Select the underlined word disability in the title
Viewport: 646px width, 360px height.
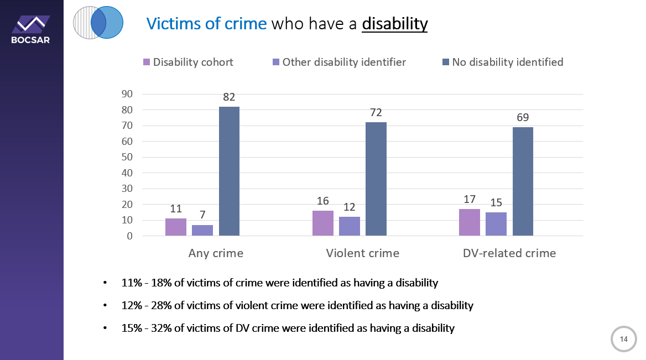394,24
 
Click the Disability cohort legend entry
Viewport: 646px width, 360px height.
188,62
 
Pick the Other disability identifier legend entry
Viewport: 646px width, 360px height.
338,62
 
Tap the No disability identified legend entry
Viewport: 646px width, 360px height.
502,62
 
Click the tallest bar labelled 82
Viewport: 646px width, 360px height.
229,171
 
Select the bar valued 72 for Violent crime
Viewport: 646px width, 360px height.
376,179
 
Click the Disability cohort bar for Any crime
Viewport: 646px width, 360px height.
176,227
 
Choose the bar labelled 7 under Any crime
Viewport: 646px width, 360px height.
202,231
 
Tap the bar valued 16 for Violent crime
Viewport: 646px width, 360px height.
323,223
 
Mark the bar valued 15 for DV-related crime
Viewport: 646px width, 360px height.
496,224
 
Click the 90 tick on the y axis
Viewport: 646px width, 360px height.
127,94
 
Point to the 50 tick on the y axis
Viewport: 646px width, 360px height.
127,157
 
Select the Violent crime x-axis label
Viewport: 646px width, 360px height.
362,253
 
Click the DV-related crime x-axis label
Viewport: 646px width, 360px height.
509,253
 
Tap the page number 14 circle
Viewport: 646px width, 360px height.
623,339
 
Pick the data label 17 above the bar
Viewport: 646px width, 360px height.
470,198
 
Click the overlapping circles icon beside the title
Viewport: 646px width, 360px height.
98,23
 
